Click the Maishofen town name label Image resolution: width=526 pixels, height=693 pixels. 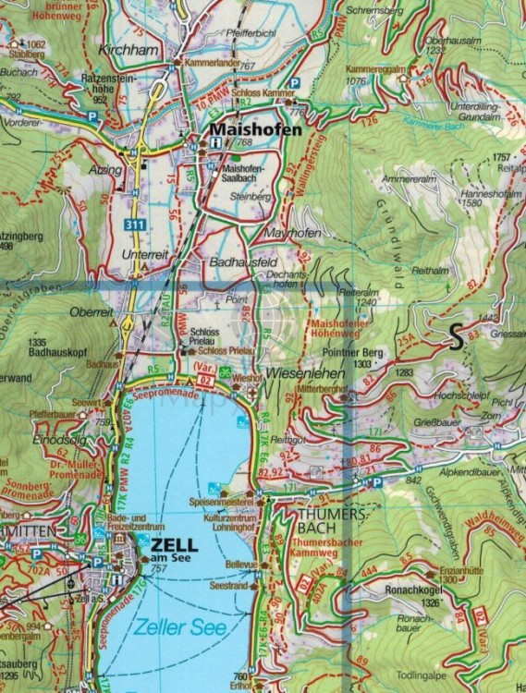(256, 130)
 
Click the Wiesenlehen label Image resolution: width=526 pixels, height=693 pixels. (298, 375)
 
